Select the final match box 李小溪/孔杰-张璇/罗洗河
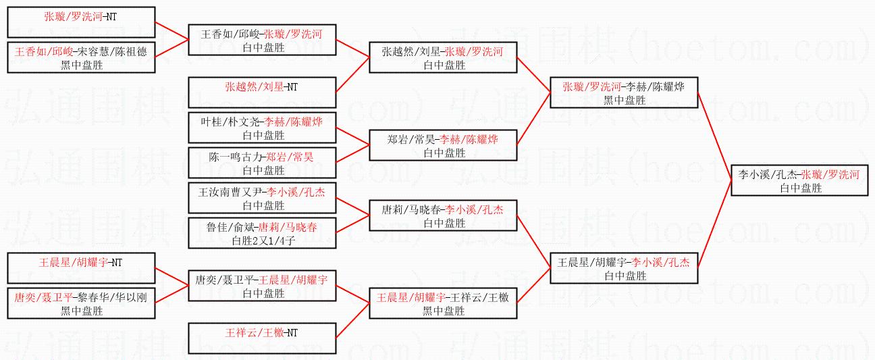point(799,180)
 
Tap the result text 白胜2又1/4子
point(262,240)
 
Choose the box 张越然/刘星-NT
point(262,93)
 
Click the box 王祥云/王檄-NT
point(262,338)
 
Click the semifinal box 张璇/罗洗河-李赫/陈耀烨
point(624,93)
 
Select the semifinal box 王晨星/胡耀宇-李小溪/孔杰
point(624,268)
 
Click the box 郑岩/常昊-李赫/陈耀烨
point(444,145)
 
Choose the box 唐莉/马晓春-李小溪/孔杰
point(444,215)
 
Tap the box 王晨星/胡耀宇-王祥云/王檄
point(444,303)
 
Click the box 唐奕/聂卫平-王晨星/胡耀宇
point(262,286)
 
